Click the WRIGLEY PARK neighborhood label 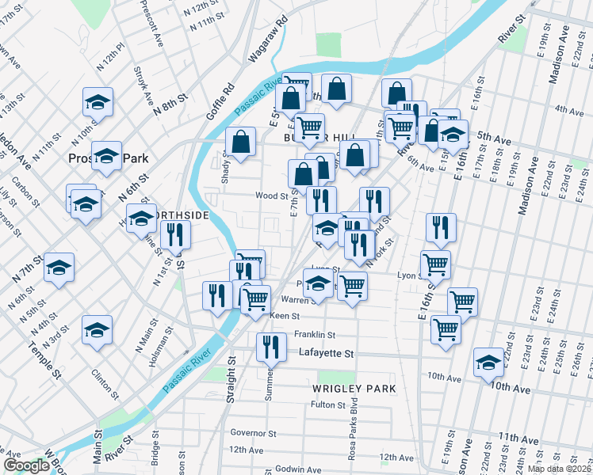[x=354, y=389]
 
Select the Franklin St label [x=315, y=334]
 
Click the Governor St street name [x=253, y=433]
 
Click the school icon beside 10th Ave [x=488, y=362]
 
